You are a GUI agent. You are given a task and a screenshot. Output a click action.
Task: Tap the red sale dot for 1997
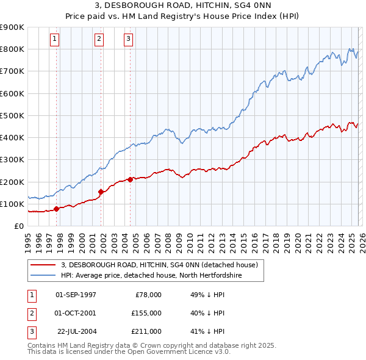[56, 209]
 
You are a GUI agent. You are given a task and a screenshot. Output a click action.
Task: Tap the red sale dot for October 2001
[101, 192]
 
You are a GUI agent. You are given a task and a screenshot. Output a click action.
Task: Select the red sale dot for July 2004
[131, 179]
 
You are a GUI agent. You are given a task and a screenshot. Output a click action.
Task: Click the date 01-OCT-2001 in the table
[76, 313]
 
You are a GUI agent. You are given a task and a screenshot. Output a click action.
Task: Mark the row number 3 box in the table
[31, 331]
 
